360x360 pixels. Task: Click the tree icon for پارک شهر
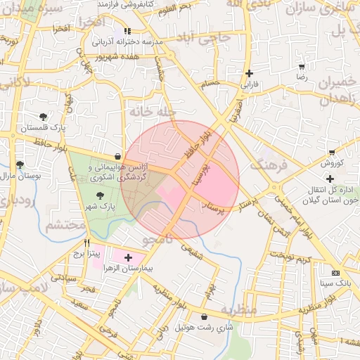tap(98, 195)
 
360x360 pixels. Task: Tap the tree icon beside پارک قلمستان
tap(44, 117)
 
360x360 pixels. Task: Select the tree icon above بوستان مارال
tap(20, 165)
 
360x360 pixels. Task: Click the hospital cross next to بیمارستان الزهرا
tap(128, 258)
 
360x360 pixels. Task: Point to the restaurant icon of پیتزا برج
tap(87, 241)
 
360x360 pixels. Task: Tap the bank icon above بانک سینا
tap(335, 273)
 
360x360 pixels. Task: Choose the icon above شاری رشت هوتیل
tap(205, 317)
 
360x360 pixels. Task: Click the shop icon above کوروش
tap(332, 153)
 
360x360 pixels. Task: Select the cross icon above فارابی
tap(249, 73)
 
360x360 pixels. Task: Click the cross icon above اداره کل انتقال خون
tap(330, 179)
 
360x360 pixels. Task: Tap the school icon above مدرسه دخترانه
tap(127, 31)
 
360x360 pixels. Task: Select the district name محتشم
tap(65, 226)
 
